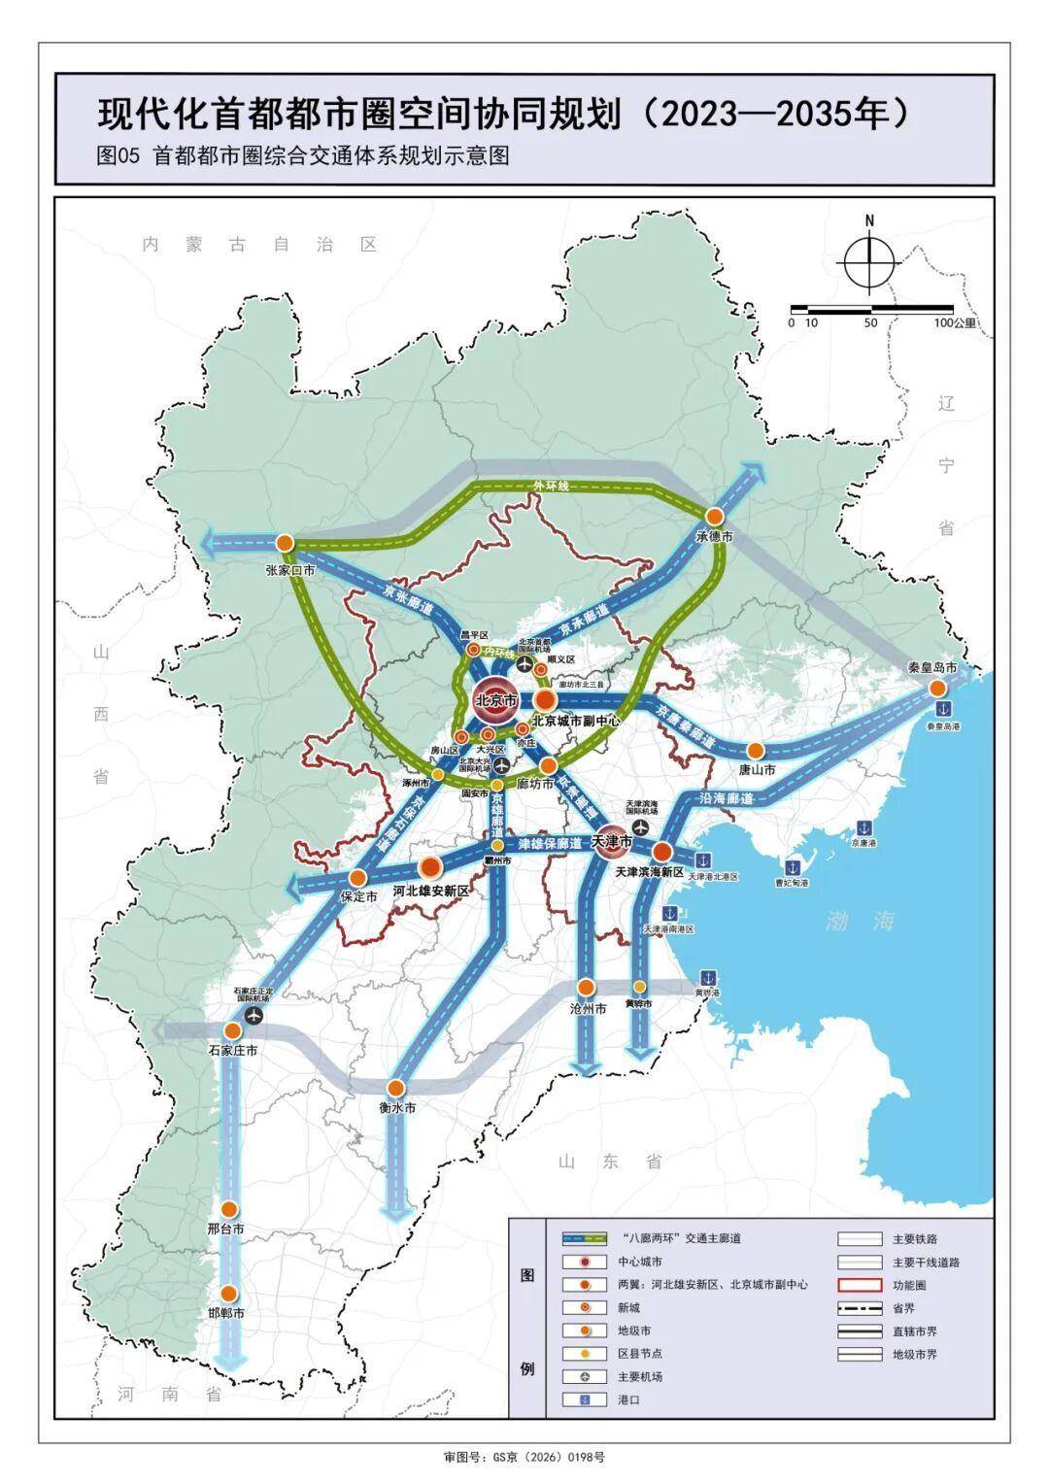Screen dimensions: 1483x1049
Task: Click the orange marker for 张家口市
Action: coord(285,542)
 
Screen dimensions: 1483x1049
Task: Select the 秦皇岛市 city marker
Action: coord(936,688)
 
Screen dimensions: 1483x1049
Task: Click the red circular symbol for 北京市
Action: coord(493,699)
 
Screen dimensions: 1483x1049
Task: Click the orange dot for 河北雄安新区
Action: coord(430,867)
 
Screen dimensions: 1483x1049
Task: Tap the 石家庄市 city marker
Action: coord(233,1030)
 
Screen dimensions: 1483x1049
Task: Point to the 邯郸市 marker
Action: coord(229,1294)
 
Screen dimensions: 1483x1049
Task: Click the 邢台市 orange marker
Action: coord(229,1209)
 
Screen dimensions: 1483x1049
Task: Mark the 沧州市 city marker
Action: coord(586,987)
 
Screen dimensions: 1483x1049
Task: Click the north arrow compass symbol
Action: coord(869,260)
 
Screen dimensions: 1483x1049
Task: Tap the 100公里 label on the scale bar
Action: coord(954,322)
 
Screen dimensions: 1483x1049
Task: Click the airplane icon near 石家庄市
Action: coord(254,1015)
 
